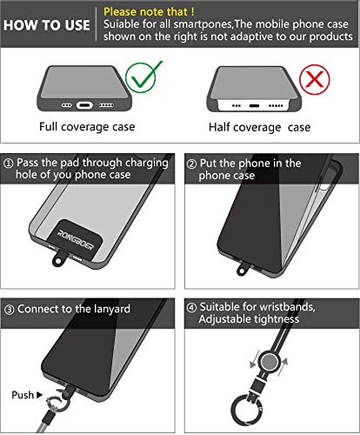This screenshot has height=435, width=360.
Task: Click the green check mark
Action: tap(143, 77)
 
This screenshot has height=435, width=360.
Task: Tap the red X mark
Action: tap(315, 79)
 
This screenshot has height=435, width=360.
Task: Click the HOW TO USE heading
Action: tap(47, 25)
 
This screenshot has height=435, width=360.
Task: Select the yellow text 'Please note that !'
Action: tap(149, 12)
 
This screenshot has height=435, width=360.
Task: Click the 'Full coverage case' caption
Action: tap(87, 127)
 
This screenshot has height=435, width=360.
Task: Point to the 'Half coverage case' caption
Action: tap(260, 127)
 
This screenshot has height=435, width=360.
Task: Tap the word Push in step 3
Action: tap(23, 395)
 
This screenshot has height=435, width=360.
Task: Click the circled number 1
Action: tap(9, 164)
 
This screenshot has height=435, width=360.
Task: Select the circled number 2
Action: tap(191, 164)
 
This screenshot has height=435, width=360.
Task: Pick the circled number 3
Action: tap(10, 310)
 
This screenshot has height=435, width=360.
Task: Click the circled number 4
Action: tap(191, 307)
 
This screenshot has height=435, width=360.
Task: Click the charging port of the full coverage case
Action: tap(84, 104)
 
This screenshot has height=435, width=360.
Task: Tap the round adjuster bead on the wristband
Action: tap(270, 362)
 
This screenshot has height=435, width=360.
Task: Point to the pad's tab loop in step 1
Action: tap(59, 259)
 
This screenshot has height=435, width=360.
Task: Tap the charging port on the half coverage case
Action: tap(254, 106)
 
